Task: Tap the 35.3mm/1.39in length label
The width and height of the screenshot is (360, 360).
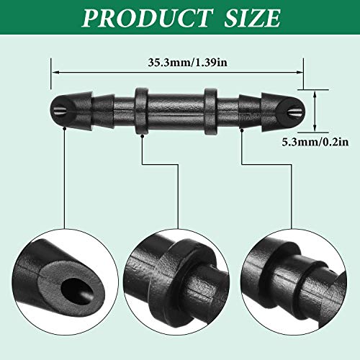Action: [178, 62]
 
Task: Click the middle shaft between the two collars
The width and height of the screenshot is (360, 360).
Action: [175, 109]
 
